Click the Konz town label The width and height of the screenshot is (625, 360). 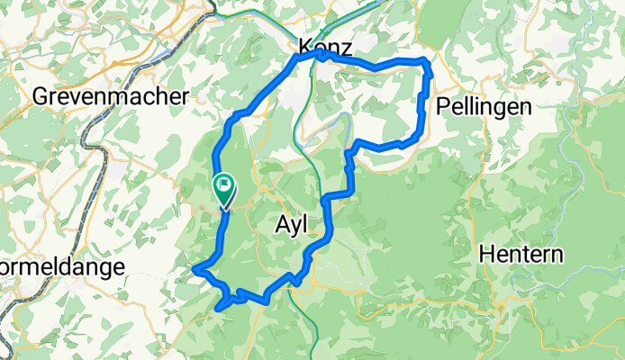(x=324, y=47)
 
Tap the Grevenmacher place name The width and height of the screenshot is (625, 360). (x=111, y=96)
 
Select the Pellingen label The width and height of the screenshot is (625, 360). (x=483, y=106)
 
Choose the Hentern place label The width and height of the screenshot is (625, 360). (x=521, y=254)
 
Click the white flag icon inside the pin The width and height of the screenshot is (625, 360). (x=223, y=184)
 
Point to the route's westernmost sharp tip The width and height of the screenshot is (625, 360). (x=195, y=268)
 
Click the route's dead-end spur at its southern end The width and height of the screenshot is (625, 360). (x=219, y=309)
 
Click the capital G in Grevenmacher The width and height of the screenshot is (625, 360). (x=41, y=96)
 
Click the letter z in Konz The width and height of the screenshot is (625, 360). (x=346, y=48)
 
